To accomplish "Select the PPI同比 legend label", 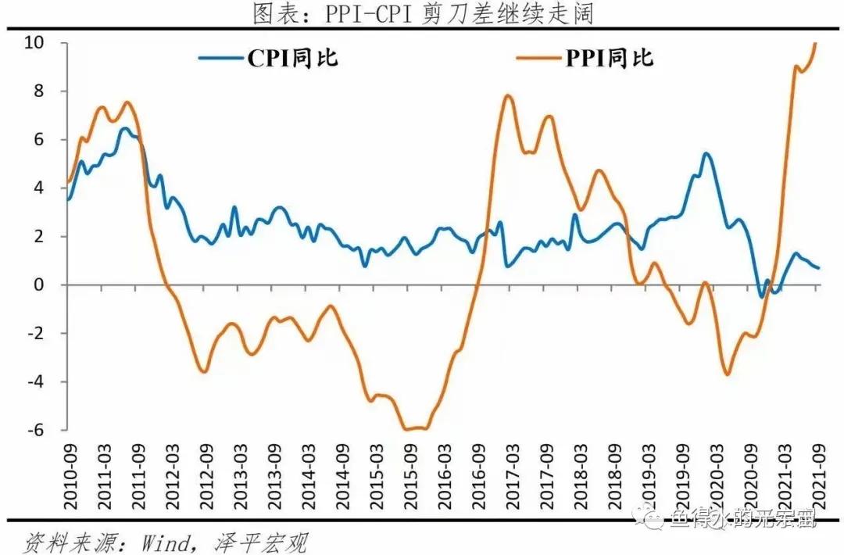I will [x=609, y=58].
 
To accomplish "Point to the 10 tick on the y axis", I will [x=48, y=43].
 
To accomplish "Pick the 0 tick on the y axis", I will [x=52, y=285].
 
